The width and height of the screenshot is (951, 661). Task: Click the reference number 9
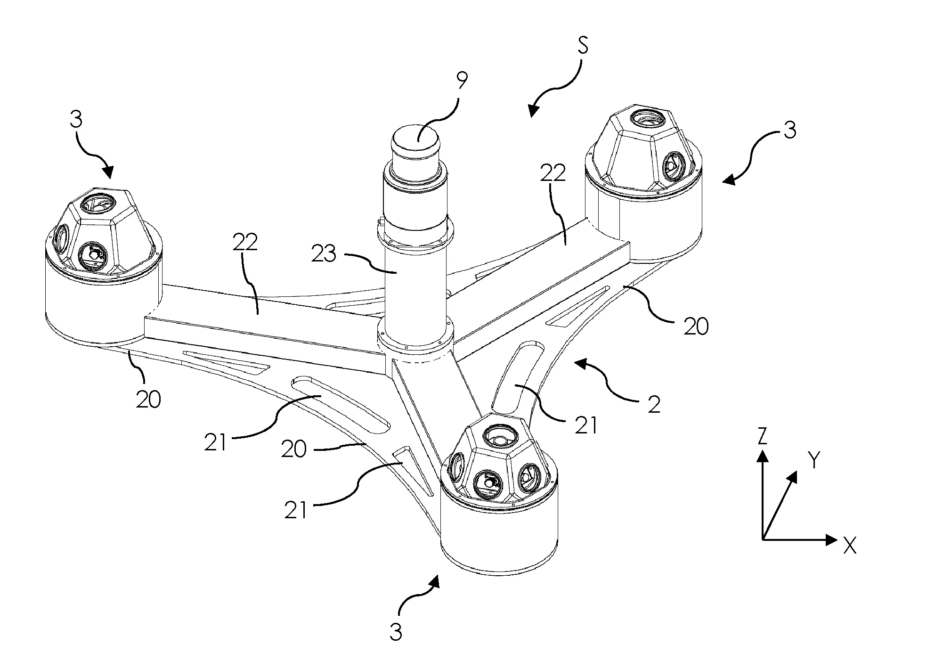(462, 81)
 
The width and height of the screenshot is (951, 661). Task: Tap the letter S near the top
(583, 48)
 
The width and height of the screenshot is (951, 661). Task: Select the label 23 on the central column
(324, 254)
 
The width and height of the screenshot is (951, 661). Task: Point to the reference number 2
(653, 405)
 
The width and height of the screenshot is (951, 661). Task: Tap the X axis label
(849, 546)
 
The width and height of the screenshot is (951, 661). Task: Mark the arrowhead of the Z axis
(762, 455)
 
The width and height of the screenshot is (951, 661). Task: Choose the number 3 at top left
(76, 120)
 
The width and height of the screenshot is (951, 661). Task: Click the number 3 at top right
(789, 130)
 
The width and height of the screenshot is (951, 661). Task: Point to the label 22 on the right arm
(553, 174)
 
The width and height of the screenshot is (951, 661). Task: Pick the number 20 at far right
(696, 326)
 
